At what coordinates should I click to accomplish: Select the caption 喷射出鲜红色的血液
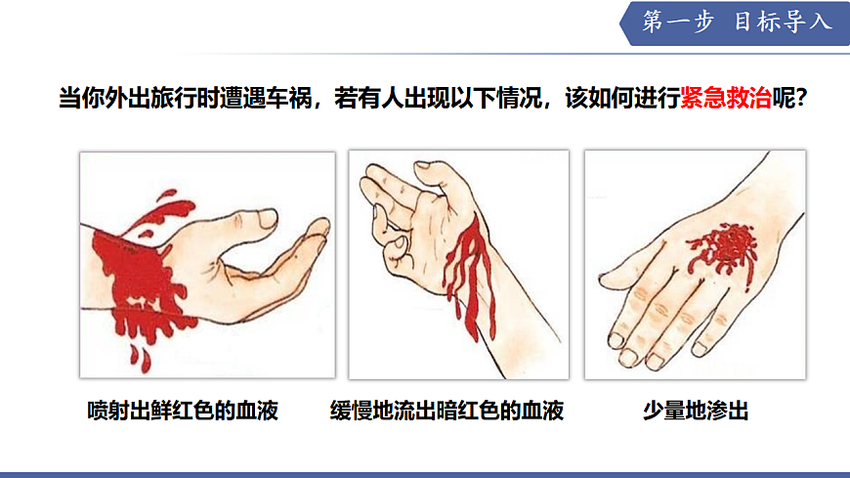[x=183, y=410]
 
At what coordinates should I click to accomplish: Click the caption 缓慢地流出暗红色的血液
[x=447, y=410]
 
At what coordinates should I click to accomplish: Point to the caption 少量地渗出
[x=695, y=410]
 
